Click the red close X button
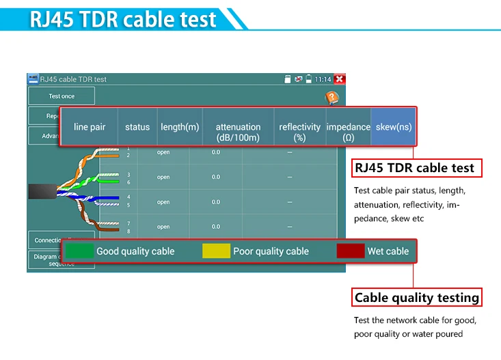(339, 79)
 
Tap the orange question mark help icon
(331, 98)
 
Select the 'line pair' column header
(89, 127)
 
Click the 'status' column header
(137, 127)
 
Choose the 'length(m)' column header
(180, 127)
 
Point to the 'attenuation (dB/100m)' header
(238, 132)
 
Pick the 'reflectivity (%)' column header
(299, 132)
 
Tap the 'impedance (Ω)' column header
(349, 132)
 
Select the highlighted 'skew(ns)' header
(393, 127)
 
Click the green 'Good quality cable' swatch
(79, 251)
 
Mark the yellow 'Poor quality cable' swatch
(216, 251)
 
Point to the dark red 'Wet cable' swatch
(350, 251)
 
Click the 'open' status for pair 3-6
(163, 177)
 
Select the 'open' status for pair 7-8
(163, 227)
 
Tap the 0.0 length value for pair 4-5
(216, 202)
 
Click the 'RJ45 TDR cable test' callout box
(414, 168)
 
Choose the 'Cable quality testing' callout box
(416, 297)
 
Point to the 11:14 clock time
(323, 79)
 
